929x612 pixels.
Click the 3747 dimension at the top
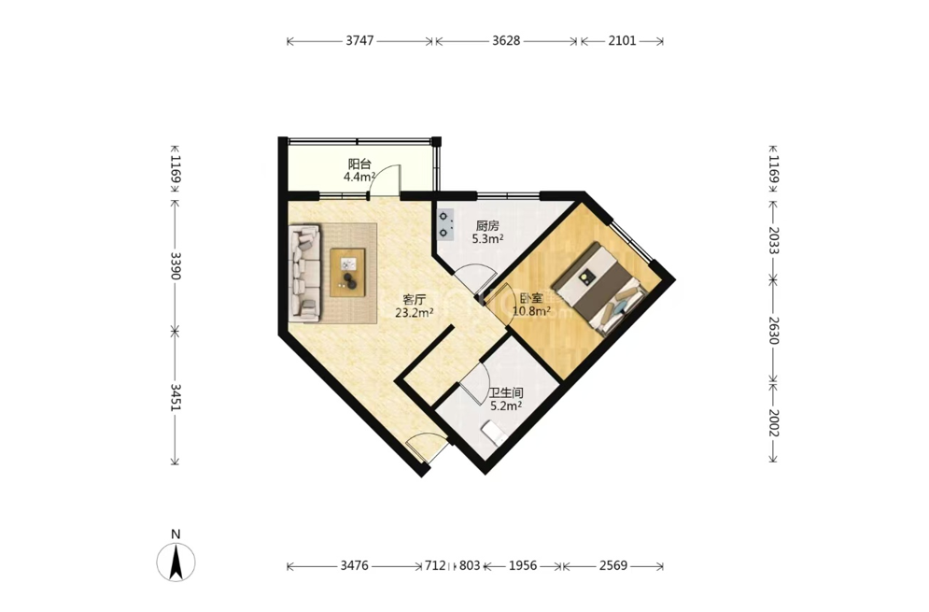(359, 41)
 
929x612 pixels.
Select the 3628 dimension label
(506, 41)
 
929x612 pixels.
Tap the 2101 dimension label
(622, 41)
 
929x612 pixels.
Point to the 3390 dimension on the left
(176, 265)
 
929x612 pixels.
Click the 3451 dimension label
(176, 397)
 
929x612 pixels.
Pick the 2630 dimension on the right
(774, 331)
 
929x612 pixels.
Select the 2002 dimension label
(774, 423)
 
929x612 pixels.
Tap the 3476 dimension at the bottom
(354, 565)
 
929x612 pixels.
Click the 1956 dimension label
(523, 565)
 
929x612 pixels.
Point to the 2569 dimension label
(613, 565)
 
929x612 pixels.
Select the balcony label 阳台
(359, 164)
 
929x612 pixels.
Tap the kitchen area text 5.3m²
(487, 239)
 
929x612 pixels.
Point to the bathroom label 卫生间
(506, 393)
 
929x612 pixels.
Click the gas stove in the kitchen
(445, 225)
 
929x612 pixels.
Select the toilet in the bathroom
(494, 433)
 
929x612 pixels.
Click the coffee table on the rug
(347, 273)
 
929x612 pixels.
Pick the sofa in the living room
(304, 274)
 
